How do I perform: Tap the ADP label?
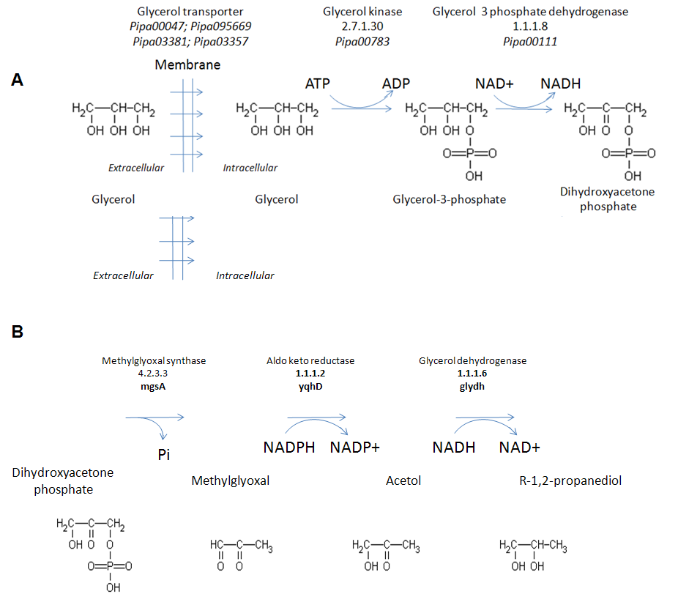(395, 83)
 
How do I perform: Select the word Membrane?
(187, 65)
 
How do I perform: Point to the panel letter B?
(18, 332)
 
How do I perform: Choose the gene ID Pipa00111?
(530, 42)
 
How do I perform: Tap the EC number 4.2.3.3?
(154, 374)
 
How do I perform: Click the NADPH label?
(289, 448)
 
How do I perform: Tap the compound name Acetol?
(403, 480)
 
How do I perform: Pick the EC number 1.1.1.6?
(472, 374)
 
